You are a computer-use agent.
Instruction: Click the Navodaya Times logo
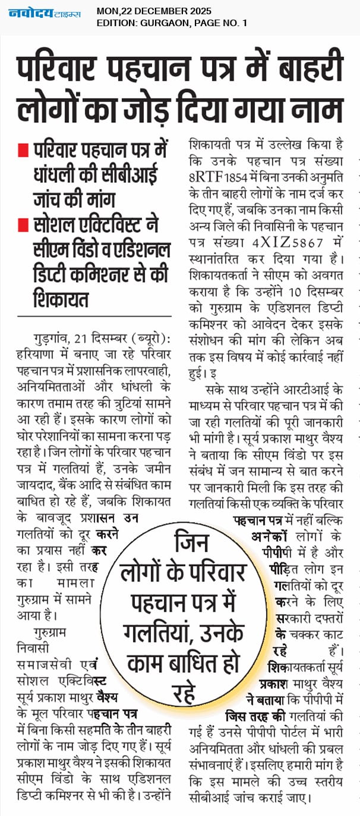click(x=45, y=13)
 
